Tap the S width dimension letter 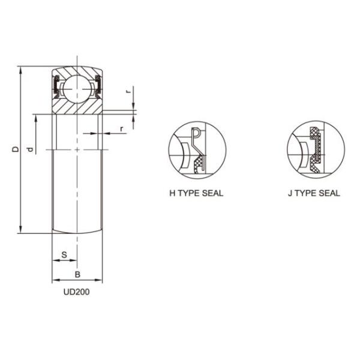[x=64, y=255]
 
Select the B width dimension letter [x=77, y=274]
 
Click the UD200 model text [x=77, y=293]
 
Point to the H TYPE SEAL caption [x=196, y=193]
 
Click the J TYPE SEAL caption [x=313, y=193]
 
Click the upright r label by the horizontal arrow [x=122, y=128]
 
